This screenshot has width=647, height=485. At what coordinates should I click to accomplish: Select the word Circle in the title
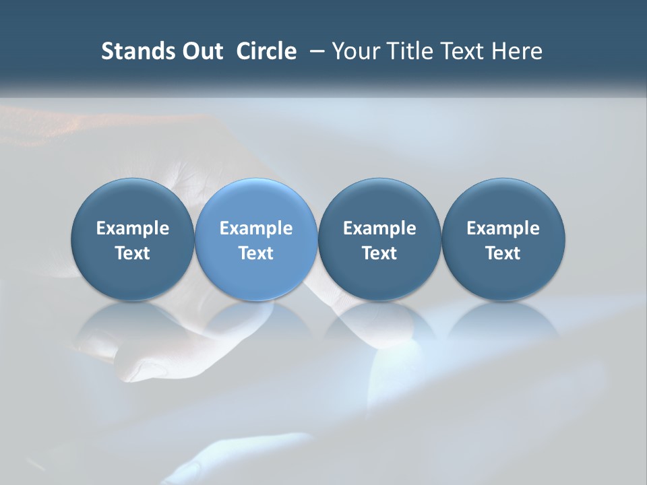266,51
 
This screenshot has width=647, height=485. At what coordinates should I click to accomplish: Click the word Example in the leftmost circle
133,228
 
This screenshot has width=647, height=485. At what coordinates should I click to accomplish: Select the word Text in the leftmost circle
133,253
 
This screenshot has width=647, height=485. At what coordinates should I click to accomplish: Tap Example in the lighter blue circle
256,228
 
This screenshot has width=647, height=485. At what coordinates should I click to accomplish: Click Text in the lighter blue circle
256,253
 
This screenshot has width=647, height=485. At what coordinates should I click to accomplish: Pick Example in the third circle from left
379,228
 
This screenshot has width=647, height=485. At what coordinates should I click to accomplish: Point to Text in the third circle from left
379,253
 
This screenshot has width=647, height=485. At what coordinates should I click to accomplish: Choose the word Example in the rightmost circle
503,228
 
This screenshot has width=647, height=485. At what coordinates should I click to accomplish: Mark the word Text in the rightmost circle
503,253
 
